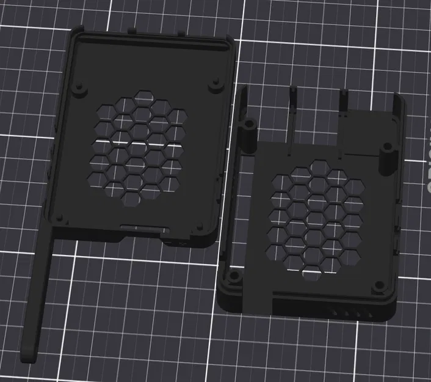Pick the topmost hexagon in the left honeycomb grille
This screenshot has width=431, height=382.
pos(145,97)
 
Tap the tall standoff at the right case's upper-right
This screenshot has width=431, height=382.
pos(386,156)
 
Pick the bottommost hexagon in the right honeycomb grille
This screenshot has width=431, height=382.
pos(313,274)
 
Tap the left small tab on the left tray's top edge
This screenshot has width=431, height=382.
pos(132,29)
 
